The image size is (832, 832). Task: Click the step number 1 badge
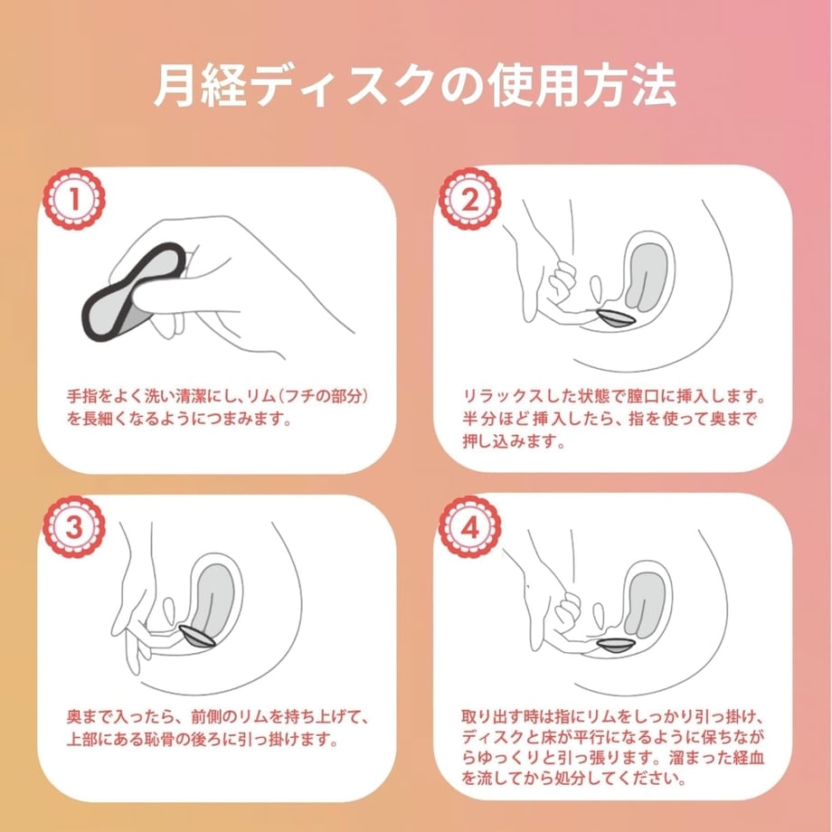point(74,199)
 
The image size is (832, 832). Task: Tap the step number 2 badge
point(470,199)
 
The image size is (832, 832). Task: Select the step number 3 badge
point(74,527)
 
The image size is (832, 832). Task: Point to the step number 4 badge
point(470,527)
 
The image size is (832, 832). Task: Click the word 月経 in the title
point(200,86)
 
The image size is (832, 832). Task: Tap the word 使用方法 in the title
point(582,86)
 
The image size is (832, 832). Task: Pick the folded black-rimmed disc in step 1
point(132,291)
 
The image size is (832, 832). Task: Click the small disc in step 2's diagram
point(616,317)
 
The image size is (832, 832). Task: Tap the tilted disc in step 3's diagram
point(197,636)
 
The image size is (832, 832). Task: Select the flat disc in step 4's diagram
point(616,645)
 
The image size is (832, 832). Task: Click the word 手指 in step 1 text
point(79,396)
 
